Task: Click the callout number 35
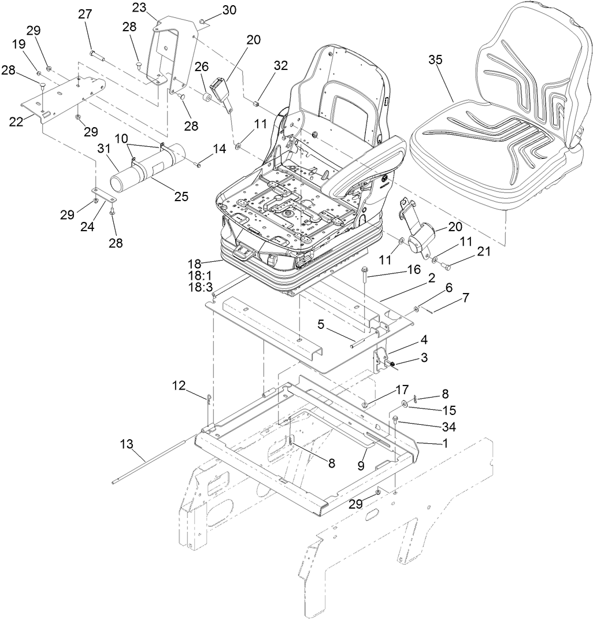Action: point(437,60)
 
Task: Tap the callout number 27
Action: point(85,15)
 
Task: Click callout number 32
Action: point(280,65)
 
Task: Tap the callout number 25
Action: point(181,197)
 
